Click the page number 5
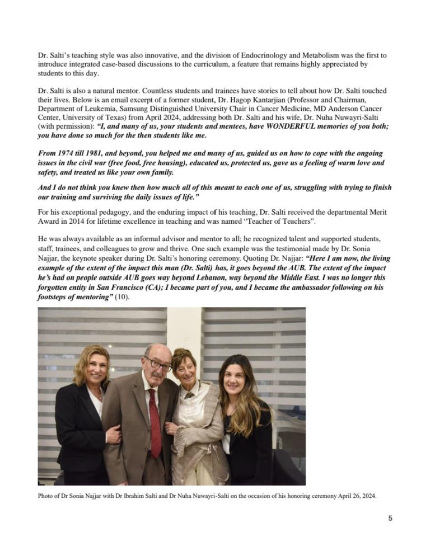(x=390, y=519)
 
